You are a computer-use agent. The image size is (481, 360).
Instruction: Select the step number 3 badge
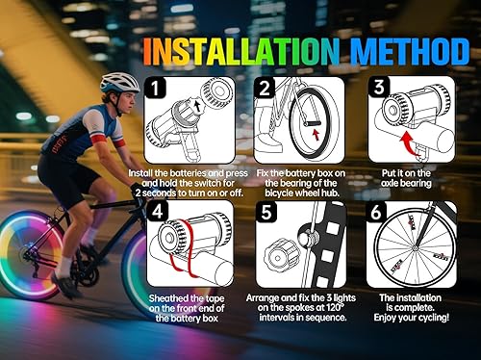click(379, 88)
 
